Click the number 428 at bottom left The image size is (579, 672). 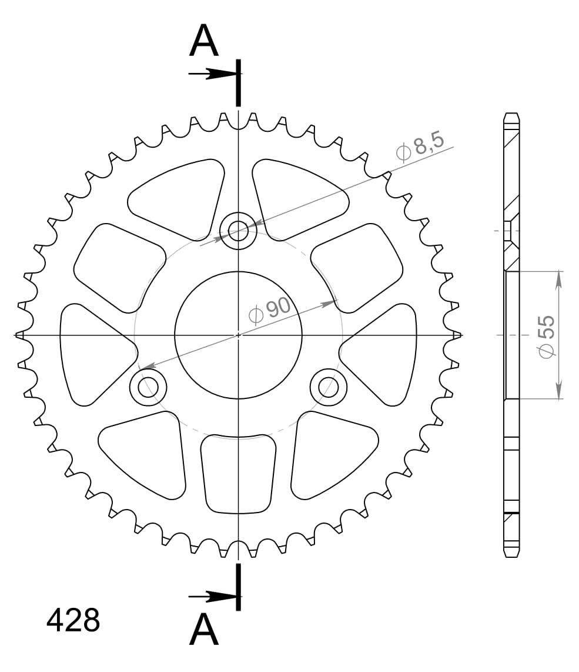click(x=73, y=620)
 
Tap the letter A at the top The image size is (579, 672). click(x=204, y=42)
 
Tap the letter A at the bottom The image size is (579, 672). click(x=204, y=630)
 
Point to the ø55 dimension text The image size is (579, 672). click(x=545, y=336)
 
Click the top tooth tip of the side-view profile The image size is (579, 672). click(x=512, y=114)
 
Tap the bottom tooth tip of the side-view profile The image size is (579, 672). click(x=512, y=556)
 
